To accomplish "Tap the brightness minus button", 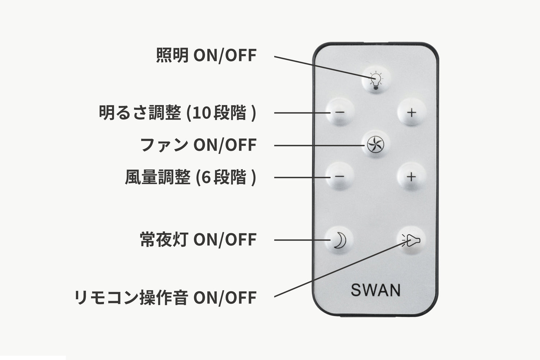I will pyautogui.click(x=339, y=112).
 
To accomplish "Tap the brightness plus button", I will pyautogui.click(x=411, y=112).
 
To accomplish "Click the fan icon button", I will pyautogui.click(x=375, y=145).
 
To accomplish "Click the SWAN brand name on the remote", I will pyautogui.click(x=375, y=290).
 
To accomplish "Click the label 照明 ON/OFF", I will pyautogui.click(x=206, y=55).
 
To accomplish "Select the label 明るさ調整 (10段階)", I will pyautogui.click(x=177, y=113).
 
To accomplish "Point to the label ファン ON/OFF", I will pyautogui.click(x=198, y=145).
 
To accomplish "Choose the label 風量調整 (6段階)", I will pyautogui.click(x=190, y=177).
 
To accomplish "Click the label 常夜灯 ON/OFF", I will pyautogui.click(x=198, y=240).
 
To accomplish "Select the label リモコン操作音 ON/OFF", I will pyautogui.click(x=165, y=298).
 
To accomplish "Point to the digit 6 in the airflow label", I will pyautogui.click(x=206, y=178).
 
